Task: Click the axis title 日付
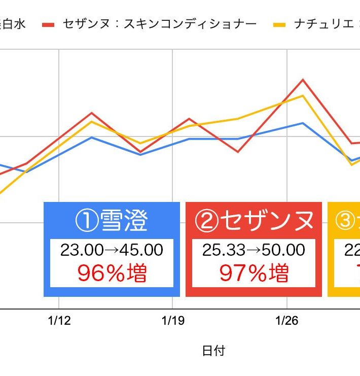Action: [x=213, y=351]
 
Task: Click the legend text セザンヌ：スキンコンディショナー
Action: [x=160, y=24]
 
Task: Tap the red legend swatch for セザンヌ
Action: [x=48, y=24]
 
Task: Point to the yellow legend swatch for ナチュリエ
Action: [x=280, y=24]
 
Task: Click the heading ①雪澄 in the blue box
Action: [x=112, y=221]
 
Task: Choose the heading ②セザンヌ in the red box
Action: [x=254, y=221]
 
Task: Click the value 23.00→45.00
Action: [x=112, y=250]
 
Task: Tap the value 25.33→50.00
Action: [x=254, y=250]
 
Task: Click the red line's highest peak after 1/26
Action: [x=303, y=80]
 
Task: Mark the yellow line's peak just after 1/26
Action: [x=303, y=95]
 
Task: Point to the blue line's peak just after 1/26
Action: [x=303, y=123]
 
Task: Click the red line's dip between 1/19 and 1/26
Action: [x=237, y=152]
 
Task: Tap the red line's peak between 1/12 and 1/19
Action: [x=91, y=113]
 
